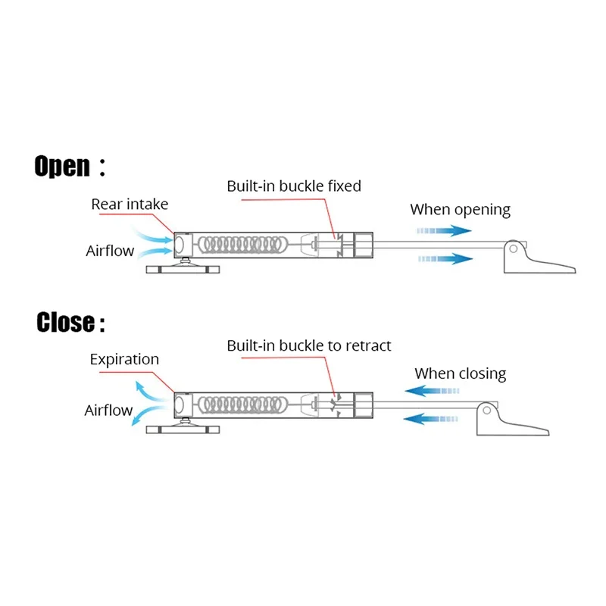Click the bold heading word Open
pyautogui.click(x=62, y=165)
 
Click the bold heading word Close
pyautogui.click(x=65, y=323)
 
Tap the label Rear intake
pyautogui.click(x=130, y=204)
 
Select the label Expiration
pyautogui.click(x=124, y=359)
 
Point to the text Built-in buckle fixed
pyautogui.click(x=294, y=186)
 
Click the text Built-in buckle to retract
pyautogui.click(x=309, y=345)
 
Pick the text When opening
pyautogui.click(x=461, y=210)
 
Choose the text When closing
pyautogui.click(x=460, y=373)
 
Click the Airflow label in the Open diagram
pyautogui.click(x=110, y=251)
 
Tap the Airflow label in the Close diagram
pyautogui.click(x=108, y=411)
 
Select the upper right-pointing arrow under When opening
pyautogui.click(x=445, y=230)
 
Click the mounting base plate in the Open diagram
pyautogui.click(x=182, y=270)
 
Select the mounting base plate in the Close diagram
pyautogui.click(x=182, y=429)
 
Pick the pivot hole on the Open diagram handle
pyautogui.click(x=514, y=248)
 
